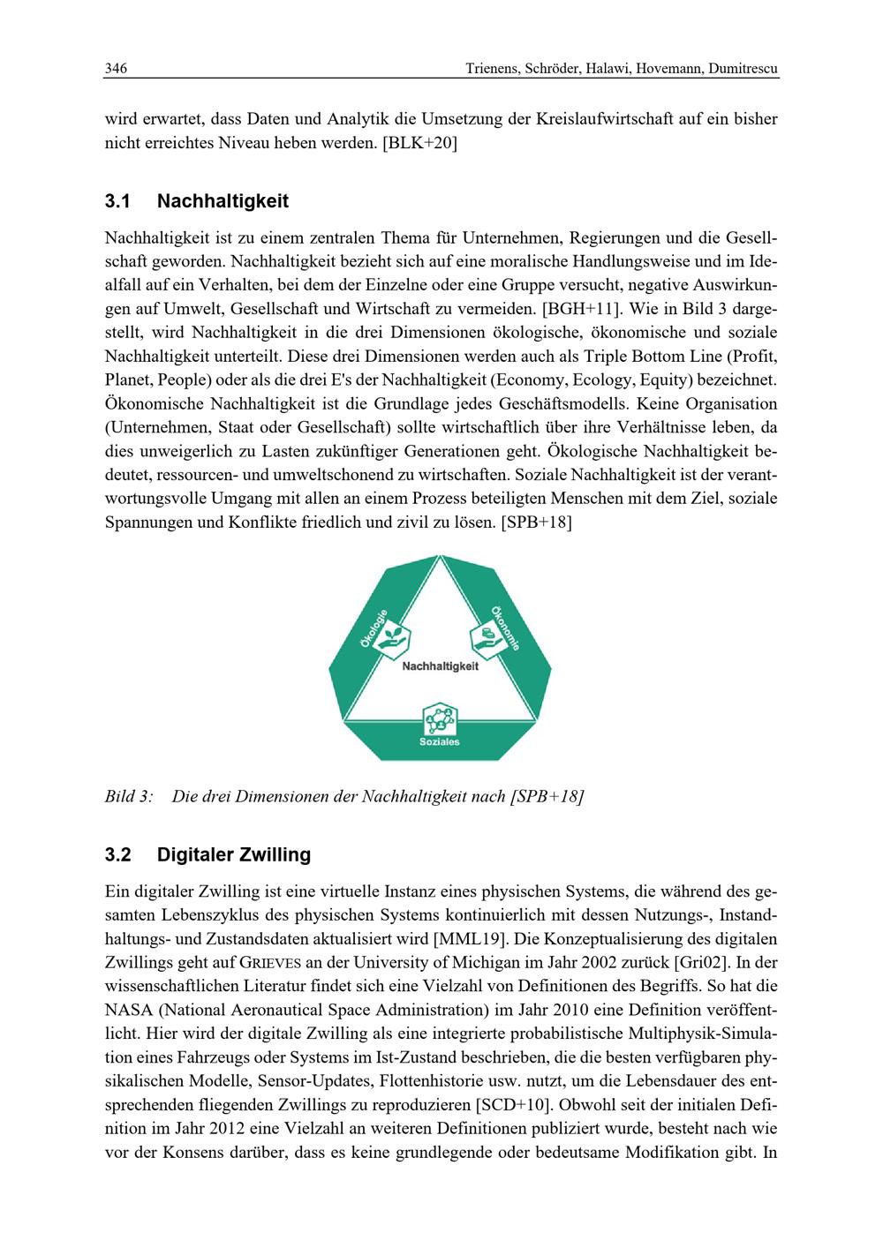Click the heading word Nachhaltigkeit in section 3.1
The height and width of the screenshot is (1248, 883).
223,202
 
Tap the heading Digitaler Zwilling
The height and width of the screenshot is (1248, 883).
234,855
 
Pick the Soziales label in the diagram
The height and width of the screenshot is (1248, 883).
439,742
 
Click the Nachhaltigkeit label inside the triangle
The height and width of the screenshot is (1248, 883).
440,666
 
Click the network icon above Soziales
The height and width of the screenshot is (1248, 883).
439,718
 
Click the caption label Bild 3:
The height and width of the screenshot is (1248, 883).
129,797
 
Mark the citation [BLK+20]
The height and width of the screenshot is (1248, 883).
419,142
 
